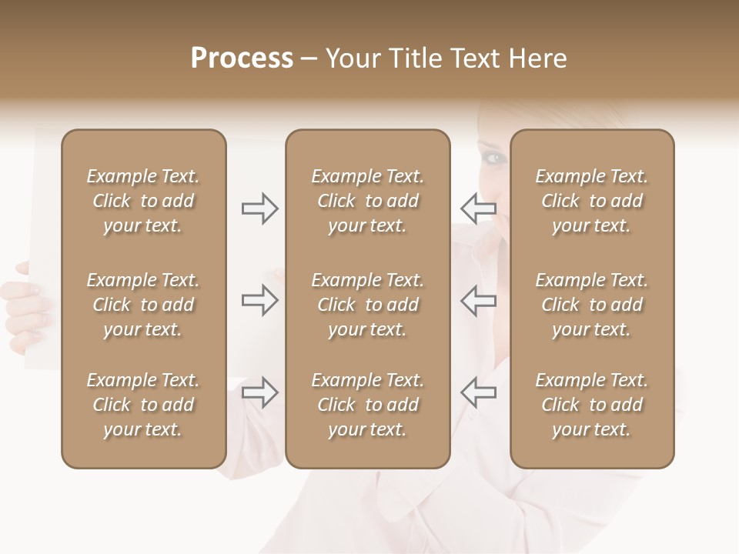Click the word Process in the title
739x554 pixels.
(242, 58)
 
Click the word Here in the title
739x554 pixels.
(538, 58)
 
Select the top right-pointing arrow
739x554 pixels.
(260, 209)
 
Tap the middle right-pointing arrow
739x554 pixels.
(260, 300)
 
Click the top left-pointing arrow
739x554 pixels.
(478, 209)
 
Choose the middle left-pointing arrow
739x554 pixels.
(478, 300)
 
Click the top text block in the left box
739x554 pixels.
(143, 201)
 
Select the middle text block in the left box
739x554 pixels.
(143, 305)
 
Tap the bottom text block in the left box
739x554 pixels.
(143, 405)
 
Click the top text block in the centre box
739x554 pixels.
(367, 201)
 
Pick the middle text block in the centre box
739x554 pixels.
(367, 305)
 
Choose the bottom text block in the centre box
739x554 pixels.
(367, 405)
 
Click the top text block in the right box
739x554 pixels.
(592, 201)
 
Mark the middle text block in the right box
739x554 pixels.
(592, 305)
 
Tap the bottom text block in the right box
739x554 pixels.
(592, 405)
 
